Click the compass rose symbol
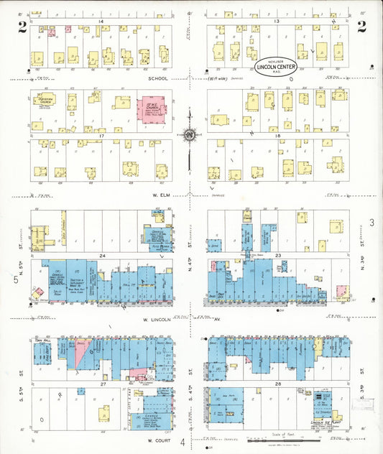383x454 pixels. point(189,134)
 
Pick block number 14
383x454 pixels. point(101,23)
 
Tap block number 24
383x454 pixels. point(103,256)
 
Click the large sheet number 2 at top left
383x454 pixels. point(23,27)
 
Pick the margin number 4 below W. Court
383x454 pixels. point(183,442)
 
